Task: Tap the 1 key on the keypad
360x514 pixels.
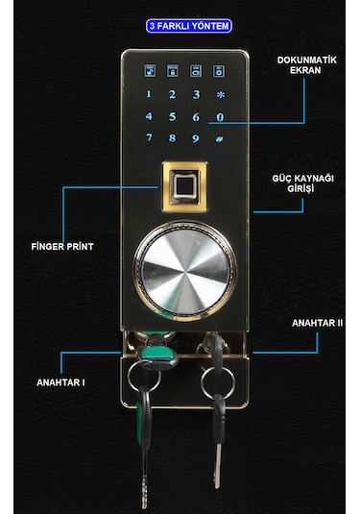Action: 149,94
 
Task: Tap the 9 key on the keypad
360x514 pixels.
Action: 196,137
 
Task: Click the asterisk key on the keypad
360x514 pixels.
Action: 220,94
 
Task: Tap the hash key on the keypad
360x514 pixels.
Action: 220,137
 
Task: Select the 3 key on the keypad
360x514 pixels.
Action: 196,94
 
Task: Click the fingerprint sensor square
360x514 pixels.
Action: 185,185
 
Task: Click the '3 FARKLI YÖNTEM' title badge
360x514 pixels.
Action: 189,26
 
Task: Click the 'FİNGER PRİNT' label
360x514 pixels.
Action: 61,245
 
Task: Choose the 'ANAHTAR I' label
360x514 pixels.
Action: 60,382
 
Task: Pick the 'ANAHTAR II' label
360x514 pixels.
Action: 317,324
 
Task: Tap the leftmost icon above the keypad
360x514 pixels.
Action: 150,70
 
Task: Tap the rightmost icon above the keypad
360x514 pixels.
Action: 220,70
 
